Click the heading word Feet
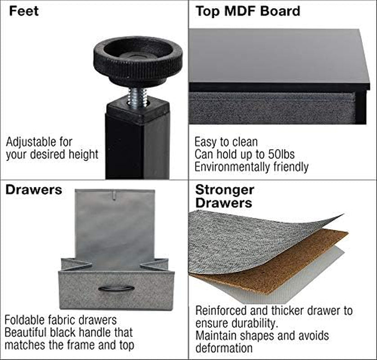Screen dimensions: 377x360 (x=23, y=11)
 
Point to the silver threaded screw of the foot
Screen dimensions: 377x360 (x=137, y=97)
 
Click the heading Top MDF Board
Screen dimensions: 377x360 (x=248, y=11)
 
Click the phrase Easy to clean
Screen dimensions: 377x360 (x=226, y=142)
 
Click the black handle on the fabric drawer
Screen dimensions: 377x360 (x=117, y=288)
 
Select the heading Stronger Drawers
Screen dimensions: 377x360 (x=224, y=196)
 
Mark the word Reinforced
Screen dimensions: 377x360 (x=221, y=310)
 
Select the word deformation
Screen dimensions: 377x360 (x=224, y=348)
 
